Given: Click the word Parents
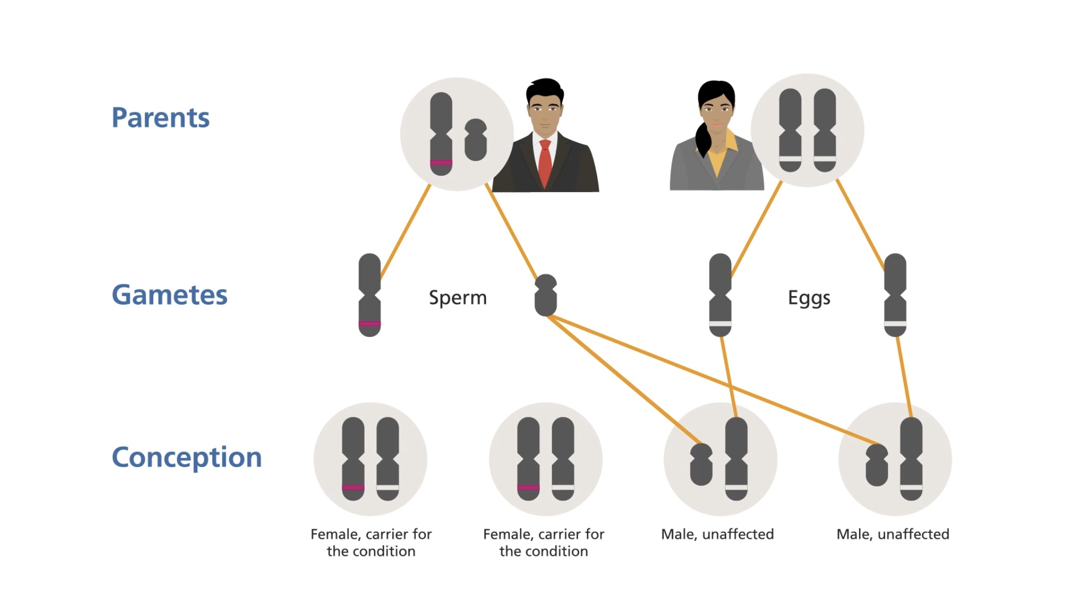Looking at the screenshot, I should pos(160,118).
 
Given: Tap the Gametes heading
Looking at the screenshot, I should pos(169,295).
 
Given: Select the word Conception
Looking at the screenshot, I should pos(186,457).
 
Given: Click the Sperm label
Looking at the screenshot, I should pos(458,298).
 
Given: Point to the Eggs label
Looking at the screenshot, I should pos(809,298).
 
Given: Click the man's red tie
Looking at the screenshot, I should pos(545,162).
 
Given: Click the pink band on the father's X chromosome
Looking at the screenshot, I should pos(441,162).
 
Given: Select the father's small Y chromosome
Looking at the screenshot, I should pos(475,140).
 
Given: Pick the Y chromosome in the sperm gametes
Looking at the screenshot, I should pos(546,296).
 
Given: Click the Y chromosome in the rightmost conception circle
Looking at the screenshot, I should pos(877,465).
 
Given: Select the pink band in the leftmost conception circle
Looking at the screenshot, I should pos(353,487).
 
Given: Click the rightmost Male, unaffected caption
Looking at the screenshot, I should pos(893,534).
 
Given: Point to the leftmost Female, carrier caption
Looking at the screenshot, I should pos(371,542).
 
